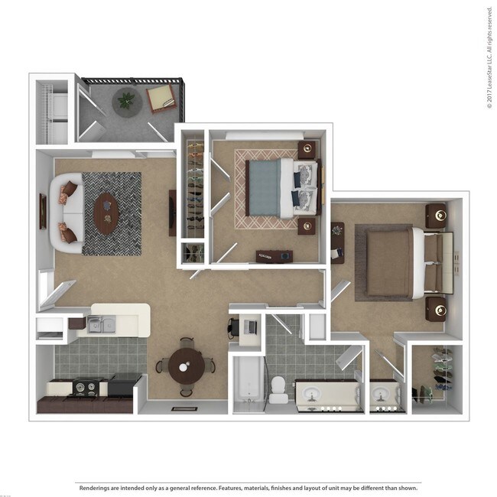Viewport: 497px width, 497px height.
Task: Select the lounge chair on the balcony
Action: click(x=161, y=99)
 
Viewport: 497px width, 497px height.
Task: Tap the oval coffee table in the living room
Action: click(x=106, y=213)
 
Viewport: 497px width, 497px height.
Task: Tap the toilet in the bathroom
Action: click(x=279, y=388)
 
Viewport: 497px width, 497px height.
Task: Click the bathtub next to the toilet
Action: click(x=246, y=381)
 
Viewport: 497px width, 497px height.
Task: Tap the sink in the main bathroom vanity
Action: click(x=312, y=395)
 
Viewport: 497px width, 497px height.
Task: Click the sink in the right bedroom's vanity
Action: click(x=382, y=396)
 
